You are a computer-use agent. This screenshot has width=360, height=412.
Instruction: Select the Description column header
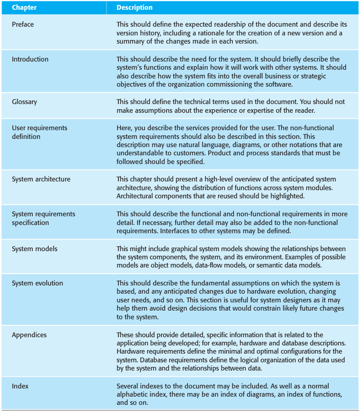coord(134,8)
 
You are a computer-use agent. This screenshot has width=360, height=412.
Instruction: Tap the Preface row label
coord(23,24)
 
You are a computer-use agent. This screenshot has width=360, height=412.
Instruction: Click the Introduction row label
coord(30,59)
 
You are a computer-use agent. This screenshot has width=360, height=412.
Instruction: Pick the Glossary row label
coord(25,102)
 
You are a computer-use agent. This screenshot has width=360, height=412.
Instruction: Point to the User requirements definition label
coord(39,132)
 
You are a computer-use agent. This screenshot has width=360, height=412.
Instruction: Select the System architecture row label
coord(41,179)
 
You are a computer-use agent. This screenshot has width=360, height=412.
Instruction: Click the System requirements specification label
coord(43,218)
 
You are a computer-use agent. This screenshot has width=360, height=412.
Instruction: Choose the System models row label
coord(34,249)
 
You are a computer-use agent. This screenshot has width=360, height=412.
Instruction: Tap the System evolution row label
coord(37,283)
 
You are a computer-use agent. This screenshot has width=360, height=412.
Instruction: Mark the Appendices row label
coord(29,335)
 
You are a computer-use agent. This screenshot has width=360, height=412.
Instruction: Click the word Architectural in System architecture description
coord(136,196)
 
